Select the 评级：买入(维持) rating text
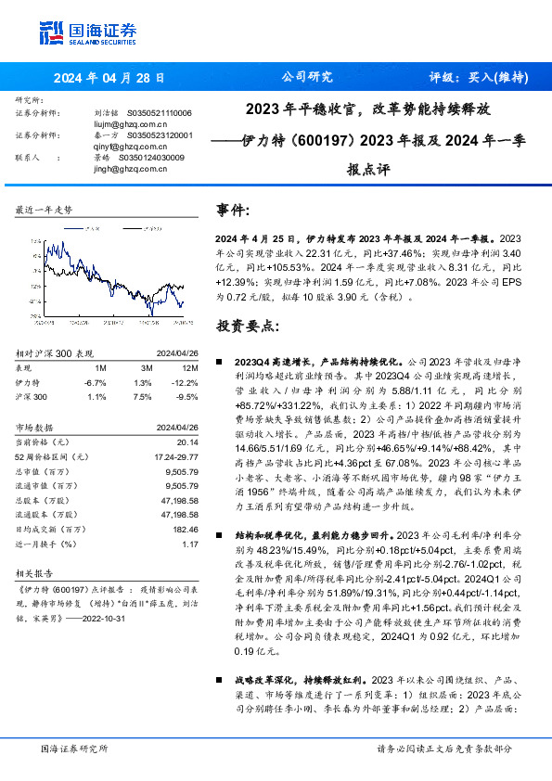(x=477, y=78)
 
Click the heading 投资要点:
(x=247, y=326)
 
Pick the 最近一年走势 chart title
(x=45, y=211)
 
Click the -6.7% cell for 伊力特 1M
(x=95, y=382)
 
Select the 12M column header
(x=183, y=368)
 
